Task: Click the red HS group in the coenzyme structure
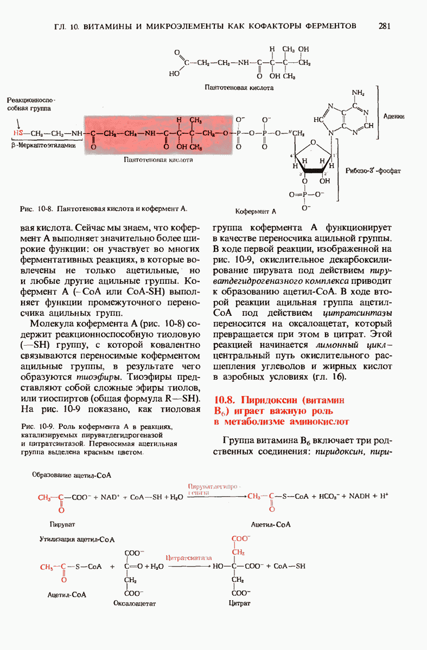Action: [x=18, y=133]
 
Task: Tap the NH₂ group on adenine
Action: [x=358, y=93]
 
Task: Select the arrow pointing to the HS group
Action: [x=18, y=121]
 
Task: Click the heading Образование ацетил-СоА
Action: [x=72, y=474]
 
